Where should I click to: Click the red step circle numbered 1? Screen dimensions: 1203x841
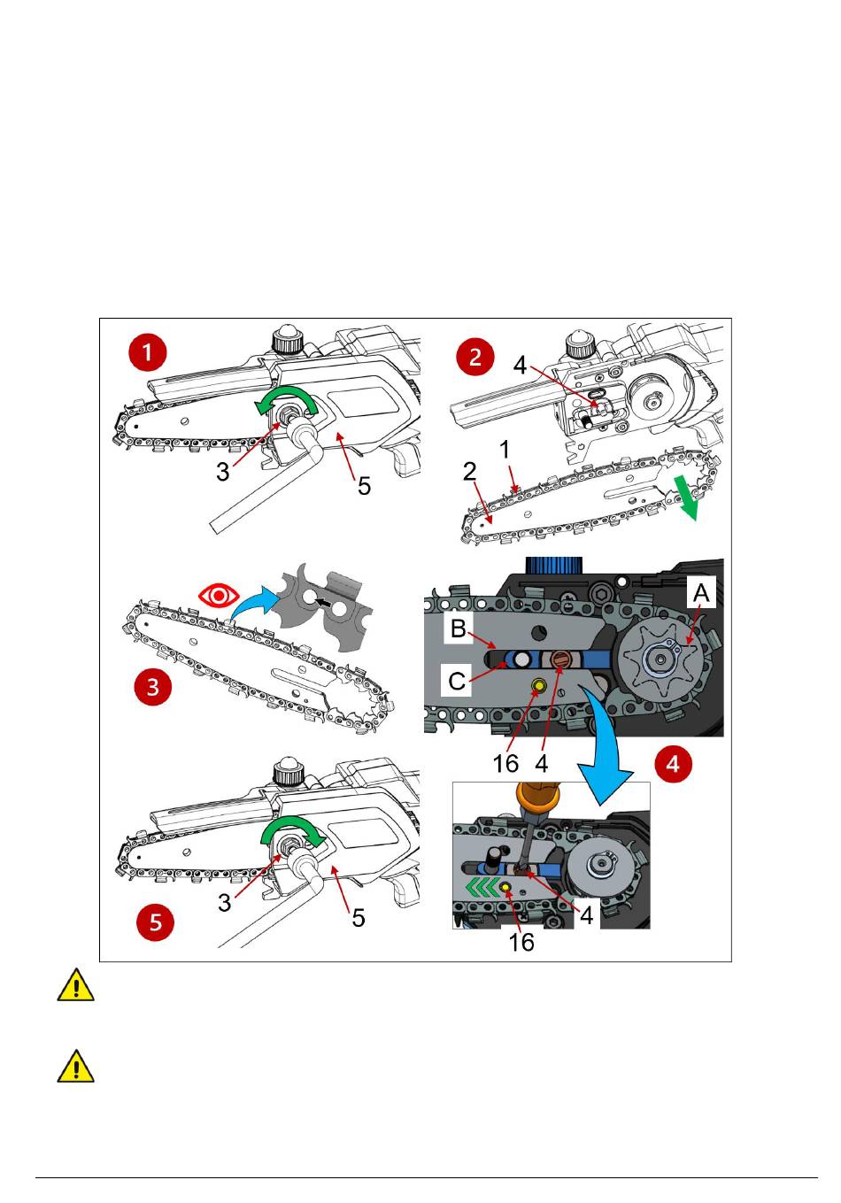tap(147, 353)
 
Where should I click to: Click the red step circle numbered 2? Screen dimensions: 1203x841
tap(475, 357)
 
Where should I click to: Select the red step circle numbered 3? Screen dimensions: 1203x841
tap(152, 687)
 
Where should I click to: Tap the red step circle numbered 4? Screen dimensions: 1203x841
tap(674, 763)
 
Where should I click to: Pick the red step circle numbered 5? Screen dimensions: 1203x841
tap(156, 922)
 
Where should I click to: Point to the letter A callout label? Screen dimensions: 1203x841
tap(700, 593)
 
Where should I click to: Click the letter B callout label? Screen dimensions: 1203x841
tap(458, 628)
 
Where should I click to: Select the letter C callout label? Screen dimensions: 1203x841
tap(457, 682)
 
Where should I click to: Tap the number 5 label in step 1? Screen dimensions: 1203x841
tap(364, 485)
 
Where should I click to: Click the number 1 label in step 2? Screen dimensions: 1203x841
tap(505, 449)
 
